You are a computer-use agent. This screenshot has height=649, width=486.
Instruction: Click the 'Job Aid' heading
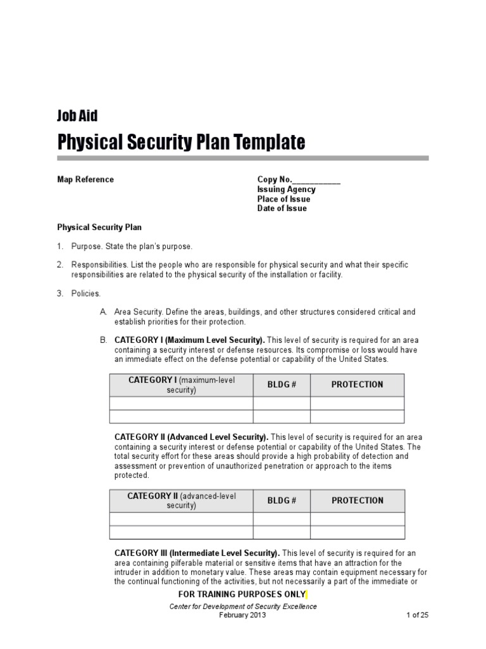77,115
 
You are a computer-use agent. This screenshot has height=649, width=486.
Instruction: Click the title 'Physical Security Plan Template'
181,142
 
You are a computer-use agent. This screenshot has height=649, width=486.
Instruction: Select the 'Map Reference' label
85,179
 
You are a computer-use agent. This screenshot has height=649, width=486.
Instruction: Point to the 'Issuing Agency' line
286,190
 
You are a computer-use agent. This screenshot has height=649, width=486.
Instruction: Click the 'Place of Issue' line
283,199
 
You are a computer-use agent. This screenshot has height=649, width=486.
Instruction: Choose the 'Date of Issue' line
282,209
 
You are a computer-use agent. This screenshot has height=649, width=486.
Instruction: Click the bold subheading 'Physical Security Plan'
99,227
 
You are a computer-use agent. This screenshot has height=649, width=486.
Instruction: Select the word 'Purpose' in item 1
86,246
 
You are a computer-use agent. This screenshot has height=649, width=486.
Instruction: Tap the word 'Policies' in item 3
85,293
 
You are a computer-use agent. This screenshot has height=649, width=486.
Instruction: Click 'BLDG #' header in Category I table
282,385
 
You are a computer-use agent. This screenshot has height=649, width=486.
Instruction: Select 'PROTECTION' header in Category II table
358,501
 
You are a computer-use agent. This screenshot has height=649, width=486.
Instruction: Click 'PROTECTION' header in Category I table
358,385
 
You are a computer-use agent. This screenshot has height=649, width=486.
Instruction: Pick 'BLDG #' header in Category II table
282,501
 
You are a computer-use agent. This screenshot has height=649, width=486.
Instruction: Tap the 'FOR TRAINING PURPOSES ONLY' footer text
242,594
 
